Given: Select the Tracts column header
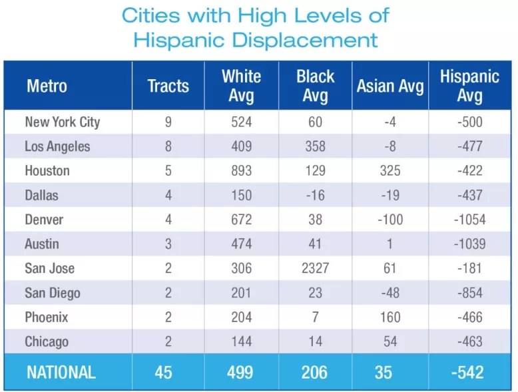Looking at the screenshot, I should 168,86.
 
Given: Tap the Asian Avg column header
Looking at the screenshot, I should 390,86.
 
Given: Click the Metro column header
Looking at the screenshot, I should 47,86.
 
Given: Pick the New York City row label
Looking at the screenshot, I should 63,122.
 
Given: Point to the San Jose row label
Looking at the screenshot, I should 50,268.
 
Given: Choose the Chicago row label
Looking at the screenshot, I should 47,341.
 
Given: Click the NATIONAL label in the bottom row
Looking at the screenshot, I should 61,372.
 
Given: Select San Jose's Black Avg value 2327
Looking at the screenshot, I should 315,268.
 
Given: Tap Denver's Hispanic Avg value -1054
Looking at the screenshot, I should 469,220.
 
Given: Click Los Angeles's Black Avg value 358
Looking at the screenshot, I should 315,146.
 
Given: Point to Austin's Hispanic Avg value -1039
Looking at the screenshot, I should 469,244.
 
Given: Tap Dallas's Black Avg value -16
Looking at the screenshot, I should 315,195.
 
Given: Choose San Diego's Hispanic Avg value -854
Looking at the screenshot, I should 469,293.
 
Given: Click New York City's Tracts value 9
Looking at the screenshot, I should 168,122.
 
